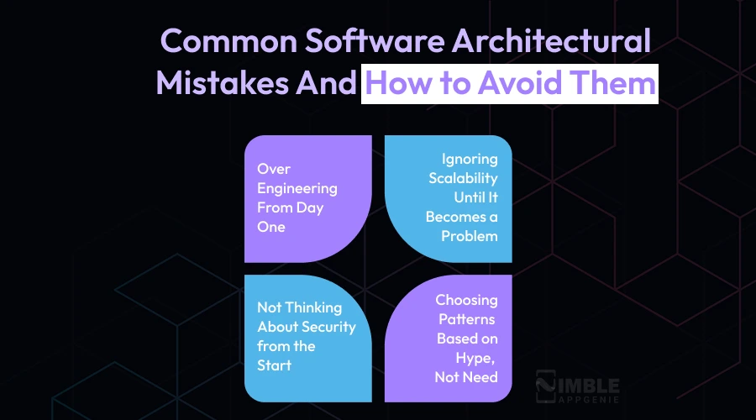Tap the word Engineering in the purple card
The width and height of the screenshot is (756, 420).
pos(297,188)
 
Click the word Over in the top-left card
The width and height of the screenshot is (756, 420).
pos(274,169)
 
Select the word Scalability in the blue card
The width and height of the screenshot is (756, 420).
pos(463,178)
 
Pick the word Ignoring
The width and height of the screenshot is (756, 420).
pos(470,159)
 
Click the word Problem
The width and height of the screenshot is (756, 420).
pos(470,236)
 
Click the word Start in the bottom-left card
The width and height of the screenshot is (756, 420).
pos(275,365)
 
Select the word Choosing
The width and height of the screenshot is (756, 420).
pos(466,300)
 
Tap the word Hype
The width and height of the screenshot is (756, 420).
pos(477,358)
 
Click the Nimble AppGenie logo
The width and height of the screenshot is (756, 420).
pos(577,387)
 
